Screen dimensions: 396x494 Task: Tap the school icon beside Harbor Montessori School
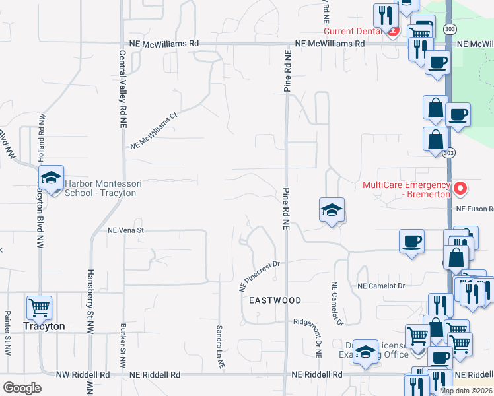point(50,178)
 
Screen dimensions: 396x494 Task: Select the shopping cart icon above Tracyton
point(40,307)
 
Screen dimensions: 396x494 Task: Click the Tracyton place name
point(44,327)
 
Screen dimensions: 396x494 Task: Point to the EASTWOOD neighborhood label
point(275,300)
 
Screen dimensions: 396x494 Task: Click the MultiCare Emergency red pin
point(461,189)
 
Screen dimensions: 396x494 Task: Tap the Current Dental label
point(352,31)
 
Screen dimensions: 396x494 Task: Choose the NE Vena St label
point(125,230)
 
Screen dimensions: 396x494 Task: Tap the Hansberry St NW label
point(90,294)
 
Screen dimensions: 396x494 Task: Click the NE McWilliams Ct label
point(154,130)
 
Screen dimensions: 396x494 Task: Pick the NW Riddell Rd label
point(83,374)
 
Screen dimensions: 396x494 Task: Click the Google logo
point(22,387)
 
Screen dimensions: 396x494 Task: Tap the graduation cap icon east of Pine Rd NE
point(332,211)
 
